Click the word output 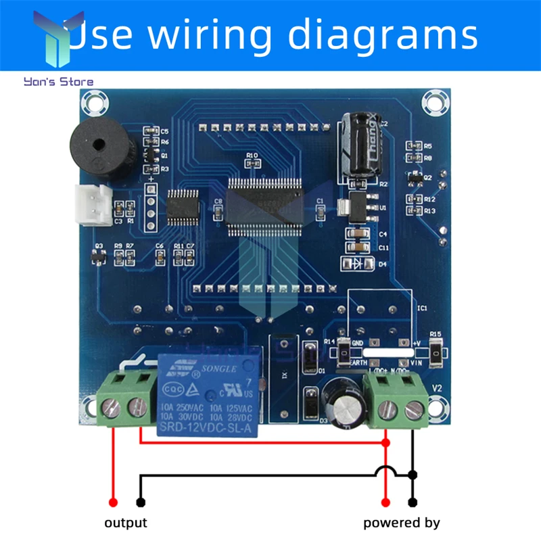pyautogui.click(x=125, y=522)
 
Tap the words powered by pyautogui.click(x=402, y=522)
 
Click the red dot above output pyautogui.click(x=113, y=502)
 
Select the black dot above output pyautogui.click(x=140, y=502)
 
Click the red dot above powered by pyautogui.click(x=385, y=502)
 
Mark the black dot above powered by pyautogui.click(x=413, y=502)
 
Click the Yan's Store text pyautogui.click(x=59, y=82)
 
